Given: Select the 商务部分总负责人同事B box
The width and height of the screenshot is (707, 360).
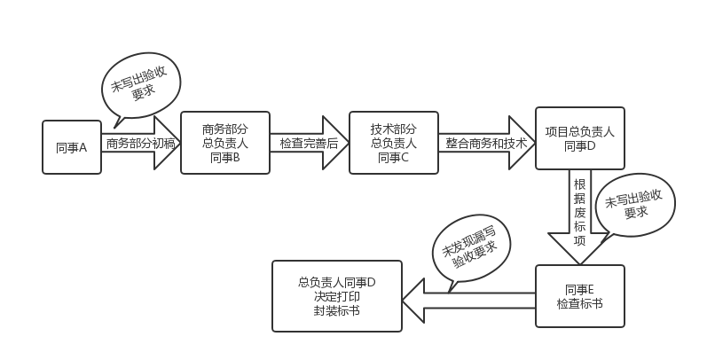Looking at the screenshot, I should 225,142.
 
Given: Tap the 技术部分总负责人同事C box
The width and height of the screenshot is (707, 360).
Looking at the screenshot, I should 393,142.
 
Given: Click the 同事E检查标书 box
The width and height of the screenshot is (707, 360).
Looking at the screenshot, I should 579,297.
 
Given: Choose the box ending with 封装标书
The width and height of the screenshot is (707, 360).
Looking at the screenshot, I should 337,297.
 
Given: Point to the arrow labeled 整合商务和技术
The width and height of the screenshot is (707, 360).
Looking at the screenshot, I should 486,143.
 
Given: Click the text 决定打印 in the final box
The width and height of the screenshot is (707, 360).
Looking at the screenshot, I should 337,297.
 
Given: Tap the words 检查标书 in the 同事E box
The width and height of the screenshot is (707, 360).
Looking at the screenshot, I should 579,304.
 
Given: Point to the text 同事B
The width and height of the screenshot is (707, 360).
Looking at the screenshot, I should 225,158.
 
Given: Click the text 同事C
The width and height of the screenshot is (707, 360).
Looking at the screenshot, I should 393,158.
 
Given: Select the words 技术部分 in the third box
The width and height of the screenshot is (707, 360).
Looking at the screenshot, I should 393,127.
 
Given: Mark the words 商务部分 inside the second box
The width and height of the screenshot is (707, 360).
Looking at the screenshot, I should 225,127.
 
